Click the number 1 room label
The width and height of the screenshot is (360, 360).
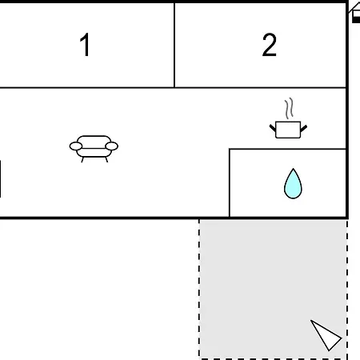click(x=85, y=45)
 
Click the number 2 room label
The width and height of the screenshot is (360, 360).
click(x=269, y=45)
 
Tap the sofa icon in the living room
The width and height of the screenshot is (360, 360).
click(x=94, y=149)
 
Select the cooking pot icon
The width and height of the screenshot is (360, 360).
click(x=288, y=130)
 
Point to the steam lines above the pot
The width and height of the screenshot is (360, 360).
click(x=289, y=108)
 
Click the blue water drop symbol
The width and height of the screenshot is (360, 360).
click(x=293, y=183)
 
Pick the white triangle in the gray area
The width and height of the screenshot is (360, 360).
click(x=326, y=335)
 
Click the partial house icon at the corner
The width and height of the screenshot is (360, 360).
click(x=354, y=13)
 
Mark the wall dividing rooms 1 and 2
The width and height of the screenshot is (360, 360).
click(x=174, y=45)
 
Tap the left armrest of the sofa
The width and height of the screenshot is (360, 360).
click(x=76, y=146)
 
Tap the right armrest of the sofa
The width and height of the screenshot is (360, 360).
click(x=112, y=146)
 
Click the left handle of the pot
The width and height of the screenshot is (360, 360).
click(x=273, y=128)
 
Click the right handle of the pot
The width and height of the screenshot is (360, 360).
click(x=304, y=128)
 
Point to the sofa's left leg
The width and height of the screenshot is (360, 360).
click(x=82, y=159)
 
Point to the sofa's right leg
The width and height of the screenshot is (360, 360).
click(x=106, y=159)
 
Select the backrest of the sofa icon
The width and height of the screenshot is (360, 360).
click(x=94, y=141)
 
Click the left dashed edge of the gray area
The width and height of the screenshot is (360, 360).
click(x=199, y=289)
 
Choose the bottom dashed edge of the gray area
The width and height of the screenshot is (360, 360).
click(x=274, y=358)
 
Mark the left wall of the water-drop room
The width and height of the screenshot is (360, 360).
click(x=230, y=183)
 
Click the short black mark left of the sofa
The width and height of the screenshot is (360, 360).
click(x=0, y=178)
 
